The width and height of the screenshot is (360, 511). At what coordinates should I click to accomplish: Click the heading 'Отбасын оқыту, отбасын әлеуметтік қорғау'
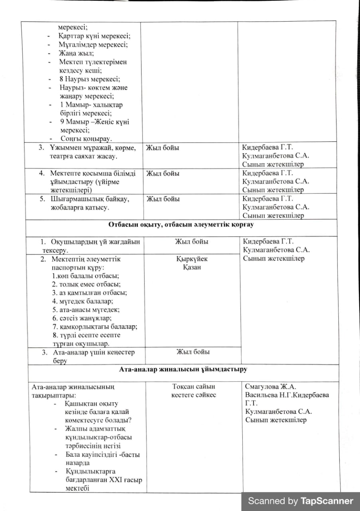(x=180, y=224)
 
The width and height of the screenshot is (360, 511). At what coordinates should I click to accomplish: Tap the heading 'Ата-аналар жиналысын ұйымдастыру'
(x=183, y=369)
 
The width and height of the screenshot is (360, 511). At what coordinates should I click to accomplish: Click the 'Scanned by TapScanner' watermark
(x=301, y=501)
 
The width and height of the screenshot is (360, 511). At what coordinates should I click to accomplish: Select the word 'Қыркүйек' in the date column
(x=192, y=259)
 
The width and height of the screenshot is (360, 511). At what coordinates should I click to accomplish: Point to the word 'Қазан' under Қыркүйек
(x=192, y=267)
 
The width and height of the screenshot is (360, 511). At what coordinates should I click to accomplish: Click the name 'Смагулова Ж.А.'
(x=271, y=386)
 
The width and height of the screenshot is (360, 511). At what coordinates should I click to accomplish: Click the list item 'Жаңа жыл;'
(x=76, y=53)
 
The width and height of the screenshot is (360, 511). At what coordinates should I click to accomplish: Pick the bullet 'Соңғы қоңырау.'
(x=86, y=139)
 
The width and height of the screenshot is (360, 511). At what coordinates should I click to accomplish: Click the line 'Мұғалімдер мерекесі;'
(x=93, y=45)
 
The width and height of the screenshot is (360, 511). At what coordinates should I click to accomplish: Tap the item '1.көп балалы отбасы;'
(x=86, y=276)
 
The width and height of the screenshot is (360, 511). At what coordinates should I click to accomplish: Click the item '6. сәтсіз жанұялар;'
(x=82, y=318)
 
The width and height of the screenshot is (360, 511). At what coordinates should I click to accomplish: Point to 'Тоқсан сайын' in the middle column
(x=194, y=386)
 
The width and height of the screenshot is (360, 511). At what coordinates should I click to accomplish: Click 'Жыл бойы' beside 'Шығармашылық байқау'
(x=163, y=199)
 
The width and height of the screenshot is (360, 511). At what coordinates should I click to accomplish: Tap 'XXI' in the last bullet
(x=115, y=480)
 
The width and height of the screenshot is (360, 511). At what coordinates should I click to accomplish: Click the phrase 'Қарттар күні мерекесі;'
(x=94, y=36)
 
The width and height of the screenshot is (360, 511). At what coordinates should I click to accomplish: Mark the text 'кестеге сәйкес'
(x=194, y=395)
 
